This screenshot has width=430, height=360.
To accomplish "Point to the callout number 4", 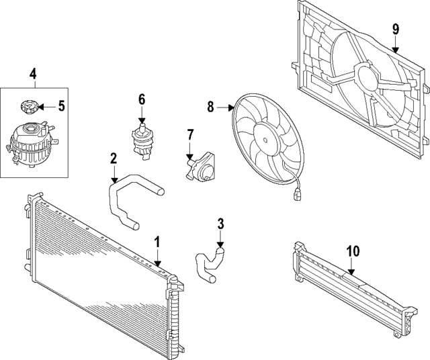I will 33,73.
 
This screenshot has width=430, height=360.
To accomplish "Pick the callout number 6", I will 142,99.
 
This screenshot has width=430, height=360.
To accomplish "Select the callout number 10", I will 353,251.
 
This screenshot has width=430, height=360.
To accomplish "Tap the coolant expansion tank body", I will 30,144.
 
